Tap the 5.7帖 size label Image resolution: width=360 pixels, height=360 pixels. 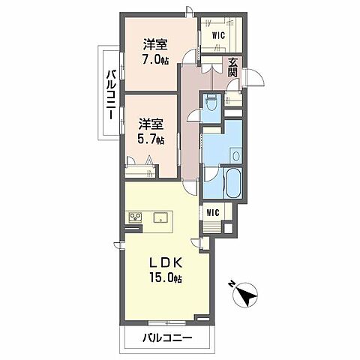click(151, 139)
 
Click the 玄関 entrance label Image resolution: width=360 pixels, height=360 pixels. click(233, 67)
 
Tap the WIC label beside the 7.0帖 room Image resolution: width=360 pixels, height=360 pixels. click(218, 34)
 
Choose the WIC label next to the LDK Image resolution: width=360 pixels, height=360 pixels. click(213, 212)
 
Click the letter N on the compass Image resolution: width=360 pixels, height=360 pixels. click(232, 286)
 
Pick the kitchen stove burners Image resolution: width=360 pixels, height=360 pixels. click(136, 217)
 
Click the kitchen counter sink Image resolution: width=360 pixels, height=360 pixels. click(160, 217)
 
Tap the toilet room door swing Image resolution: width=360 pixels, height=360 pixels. click(193, 114)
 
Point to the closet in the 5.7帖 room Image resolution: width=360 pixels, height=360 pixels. click(142, 163)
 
